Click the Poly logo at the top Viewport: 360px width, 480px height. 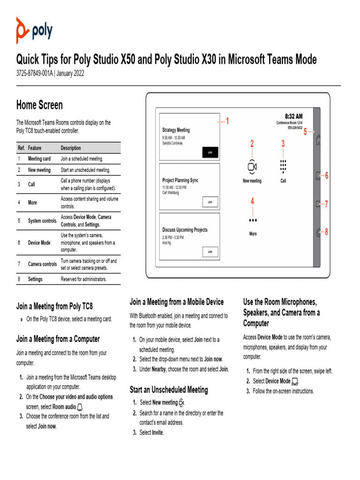coord(34,31)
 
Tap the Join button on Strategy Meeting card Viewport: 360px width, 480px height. coord(210,152)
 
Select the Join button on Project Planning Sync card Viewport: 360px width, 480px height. coord(210,202)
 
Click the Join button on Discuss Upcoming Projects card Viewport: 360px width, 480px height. coord(210,252)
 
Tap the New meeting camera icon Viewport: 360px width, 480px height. coord(252,167)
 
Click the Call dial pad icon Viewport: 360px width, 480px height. coord(283,167)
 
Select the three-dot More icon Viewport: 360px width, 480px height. coord(253,220)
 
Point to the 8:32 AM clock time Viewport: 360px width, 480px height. coord(293,116)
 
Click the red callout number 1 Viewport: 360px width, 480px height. coord(227,121)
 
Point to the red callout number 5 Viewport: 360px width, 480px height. coord(305,132)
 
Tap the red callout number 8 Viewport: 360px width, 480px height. coord(326,232)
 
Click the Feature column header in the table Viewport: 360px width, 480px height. coord(35,148)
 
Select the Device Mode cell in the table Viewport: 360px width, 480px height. coord(39,243)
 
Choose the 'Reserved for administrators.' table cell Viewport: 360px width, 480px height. coord(83,279)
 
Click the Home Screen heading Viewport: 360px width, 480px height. coord(39,105)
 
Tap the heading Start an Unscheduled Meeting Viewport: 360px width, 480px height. coord(169,390)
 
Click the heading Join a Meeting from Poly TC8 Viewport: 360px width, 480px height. coord(54,307)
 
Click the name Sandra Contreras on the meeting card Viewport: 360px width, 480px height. coord(172,143)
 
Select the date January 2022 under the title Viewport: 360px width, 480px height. coord(70,74)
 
